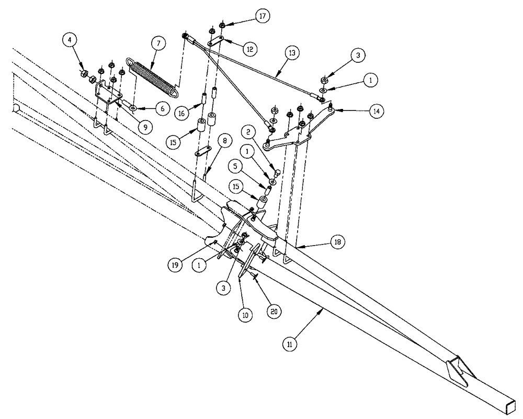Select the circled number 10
coord(245,315)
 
